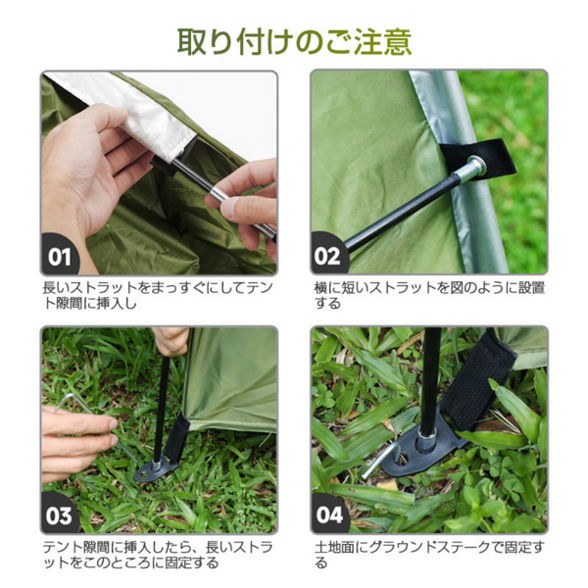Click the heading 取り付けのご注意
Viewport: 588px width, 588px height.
[294, 40]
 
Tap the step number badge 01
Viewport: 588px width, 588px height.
[61, 257]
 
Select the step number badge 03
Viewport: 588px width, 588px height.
[61, 514]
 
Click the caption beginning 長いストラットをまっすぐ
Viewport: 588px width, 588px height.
[157, 295]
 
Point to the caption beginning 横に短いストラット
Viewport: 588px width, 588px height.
[429, 295]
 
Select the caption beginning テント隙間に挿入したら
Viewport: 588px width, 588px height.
[157, 554]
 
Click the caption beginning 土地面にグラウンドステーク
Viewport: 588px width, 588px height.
[429, 554]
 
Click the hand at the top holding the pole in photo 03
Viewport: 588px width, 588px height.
[171, 339]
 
